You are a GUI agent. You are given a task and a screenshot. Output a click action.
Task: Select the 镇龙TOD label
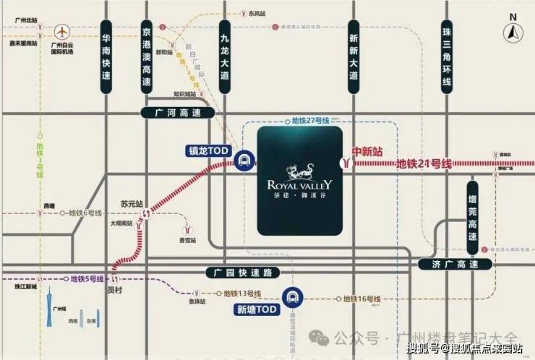(x=208, y=151)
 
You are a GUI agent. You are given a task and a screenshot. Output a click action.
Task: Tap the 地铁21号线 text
(x=424, y=164)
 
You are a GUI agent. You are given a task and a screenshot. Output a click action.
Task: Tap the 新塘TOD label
(x=257, y=309)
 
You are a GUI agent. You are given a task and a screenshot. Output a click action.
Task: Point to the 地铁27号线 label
(x=310, y=119)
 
